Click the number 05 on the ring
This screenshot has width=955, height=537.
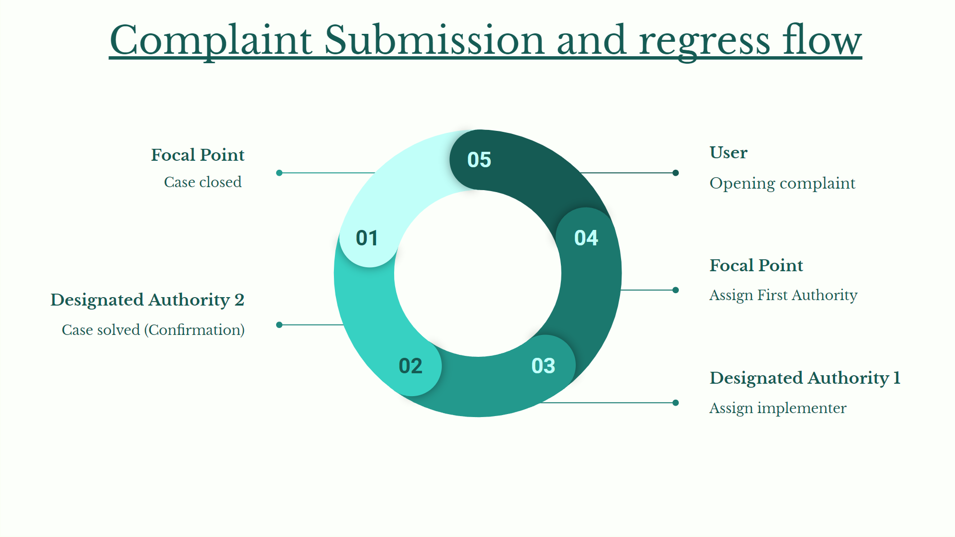tap(479, 160)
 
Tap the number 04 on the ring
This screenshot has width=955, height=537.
tap(586, 238)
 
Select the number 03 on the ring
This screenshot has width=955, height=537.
tap(543, 366)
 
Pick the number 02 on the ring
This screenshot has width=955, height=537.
tap(410, 366)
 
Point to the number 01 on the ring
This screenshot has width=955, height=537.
tap(367, 238)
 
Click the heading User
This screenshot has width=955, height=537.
tap(728, 152)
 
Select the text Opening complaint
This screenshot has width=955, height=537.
tap(782, 183)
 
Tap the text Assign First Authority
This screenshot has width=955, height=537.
tap(783, 295)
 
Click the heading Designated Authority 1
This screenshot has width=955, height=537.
tap(805, 378)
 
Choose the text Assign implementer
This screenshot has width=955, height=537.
tap(778, 408)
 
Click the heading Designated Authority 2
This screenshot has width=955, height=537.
tap(147, 300)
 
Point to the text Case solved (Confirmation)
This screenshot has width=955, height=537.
tap(153, 330)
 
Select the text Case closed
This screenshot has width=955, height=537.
tap(203, 182)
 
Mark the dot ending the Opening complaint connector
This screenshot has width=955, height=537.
tap(675, 173)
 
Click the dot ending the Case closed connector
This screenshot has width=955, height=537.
tap(279, 173)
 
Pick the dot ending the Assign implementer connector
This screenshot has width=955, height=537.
tap(675, 403)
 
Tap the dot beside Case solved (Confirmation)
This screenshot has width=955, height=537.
tap(279, 324)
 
